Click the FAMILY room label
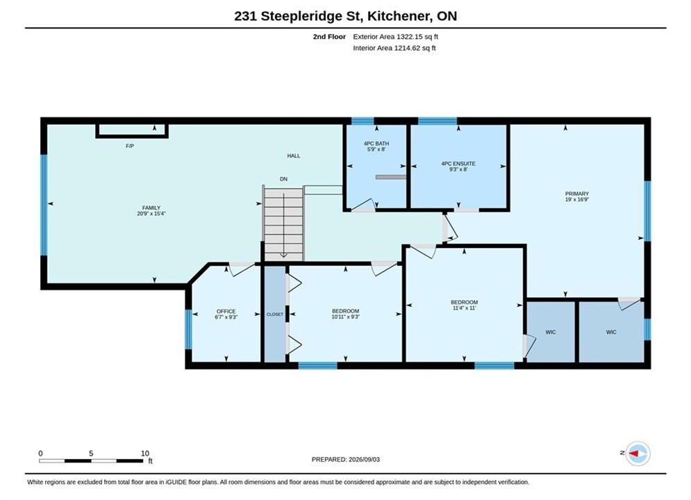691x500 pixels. click(151, 208)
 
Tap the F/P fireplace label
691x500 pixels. click(130, 147)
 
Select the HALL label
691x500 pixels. click(294, 156)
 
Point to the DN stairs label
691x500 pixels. click(283, 179)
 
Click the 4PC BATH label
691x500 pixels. click(376, 144)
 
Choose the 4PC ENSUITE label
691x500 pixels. click(458, 164)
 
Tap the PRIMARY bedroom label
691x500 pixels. click(577, 194)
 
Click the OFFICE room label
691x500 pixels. click(226, 311)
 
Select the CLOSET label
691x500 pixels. click(275, 315)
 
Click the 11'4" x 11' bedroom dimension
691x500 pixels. click(464, 308)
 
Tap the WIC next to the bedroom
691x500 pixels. click(551, 333)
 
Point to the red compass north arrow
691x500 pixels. click(634, 453)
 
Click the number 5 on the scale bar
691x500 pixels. click(91, 453)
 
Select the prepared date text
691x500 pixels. click(346, 460)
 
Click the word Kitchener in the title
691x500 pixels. click(400, 16)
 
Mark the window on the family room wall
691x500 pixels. click(44, 205)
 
